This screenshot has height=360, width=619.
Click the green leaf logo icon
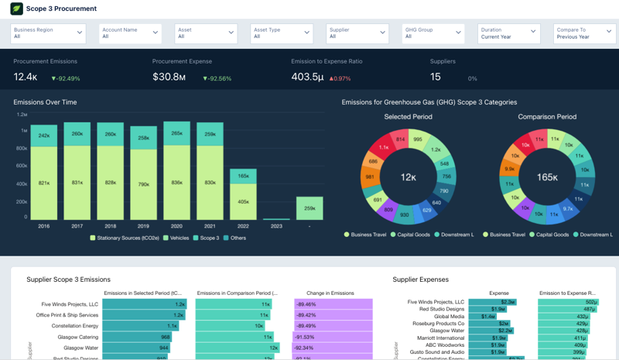tap(16, 9)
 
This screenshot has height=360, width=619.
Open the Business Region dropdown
tap(47, 33)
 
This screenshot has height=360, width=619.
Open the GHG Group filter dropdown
tap(433, 33)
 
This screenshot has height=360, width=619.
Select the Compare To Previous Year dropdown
tap(584, 33)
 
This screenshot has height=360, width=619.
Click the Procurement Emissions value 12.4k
tap(26, 77)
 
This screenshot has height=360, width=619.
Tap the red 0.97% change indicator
tap(340, 78)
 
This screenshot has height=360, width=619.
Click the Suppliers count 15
tap(436, 77)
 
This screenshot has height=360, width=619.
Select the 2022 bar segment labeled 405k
tap(243, 202)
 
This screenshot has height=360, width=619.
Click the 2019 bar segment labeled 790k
tap(143, 184)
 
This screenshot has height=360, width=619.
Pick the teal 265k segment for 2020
tap(176, 133)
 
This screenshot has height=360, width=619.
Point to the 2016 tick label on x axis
tap(43, 226)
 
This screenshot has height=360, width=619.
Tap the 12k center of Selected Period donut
tap(408, 177)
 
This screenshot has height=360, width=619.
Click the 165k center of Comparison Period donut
tap(547, 177)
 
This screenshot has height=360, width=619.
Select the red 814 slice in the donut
tap(400, 140)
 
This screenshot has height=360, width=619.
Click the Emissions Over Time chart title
tap(45, 102)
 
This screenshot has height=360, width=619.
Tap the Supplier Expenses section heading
tap(420, 279)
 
